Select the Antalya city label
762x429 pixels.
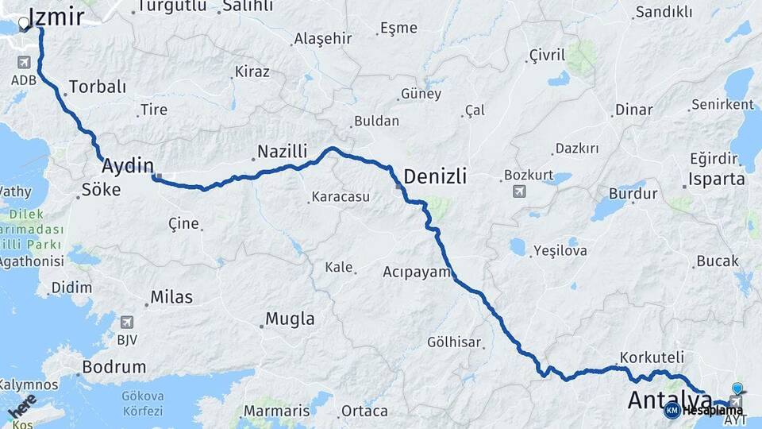point(669,400)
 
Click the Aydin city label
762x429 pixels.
point(127,165)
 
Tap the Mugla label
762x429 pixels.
point(289,319)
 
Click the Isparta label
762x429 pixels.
point(717,179)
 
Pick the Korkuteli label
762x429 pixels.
point(648,357)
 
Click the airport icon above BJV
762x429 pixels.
point(126,323)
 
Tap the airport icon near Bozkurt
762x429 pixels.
point(520,191)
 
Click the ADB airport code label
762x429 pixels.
point(23,81)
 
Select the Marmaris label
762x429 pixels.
point(276,411)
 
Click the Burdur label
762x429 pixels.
point(633,193)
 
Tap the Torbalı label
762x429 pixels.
point(98,87)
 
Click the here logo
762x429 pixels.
point(21,407)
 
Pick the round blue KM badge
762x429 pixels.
point(672,410)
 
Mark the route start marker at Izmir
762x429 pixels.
point(24,24)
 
